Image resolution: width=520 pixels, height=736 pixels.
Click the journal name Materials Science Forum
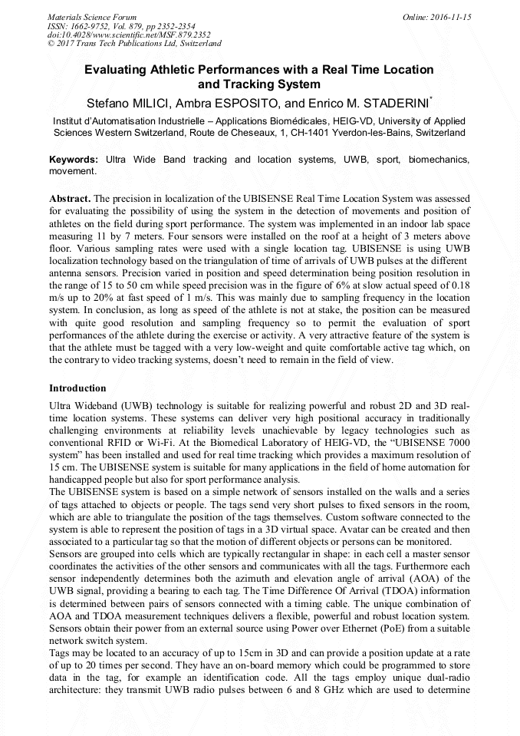[92, 16]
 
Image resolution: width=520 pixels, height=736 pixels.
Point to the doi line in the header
[118, 35]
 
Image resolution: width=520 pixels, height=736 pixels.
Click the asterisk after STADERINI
[432, 98]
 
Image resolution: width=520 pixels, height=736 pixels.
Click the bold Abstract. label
[70, 198]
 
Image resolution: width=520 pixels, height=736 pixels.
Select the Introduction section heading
[77, 388]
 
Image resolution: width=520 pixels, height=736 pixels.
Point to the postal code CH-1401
[314, 133]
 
